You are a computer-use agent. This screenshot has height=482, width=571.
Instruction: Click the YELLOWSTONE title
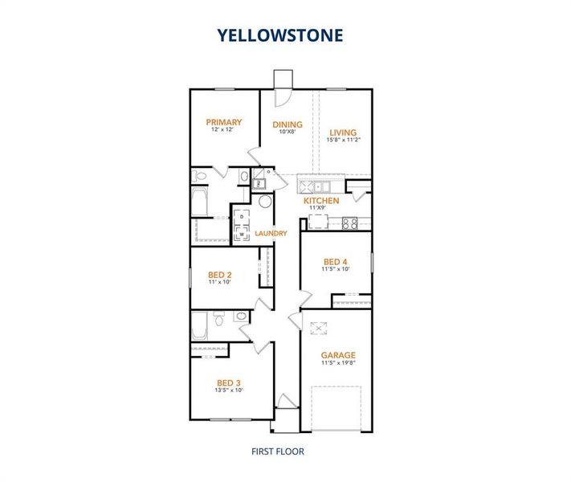pyautogui.click(x=279, y=35)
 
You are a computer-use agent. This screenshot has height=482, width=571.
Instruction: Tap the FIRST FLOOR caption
pyautogui.click(x=279, y=451)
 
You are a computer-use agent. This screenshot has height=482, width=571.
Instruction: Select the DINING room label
pyautogui.click(x=288, y=125)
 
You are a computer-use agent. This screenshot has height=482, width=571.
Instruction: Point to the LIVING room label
pyautogui.click(x=343, y=132)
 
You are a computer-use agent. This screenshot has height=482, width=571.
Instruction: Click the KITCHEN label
pyautogui.click(x=321, y=201)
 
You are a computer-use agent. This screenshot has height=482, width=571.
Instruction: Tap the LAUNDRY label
pyautogui.click(x=271, y=234)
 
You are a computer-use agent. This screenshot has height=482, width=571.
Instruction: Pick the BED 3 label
pyautogui.click(x=228, y=382)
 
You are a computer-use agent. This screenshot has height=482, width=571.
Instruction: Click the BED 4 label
pyautogui.click(x=336, y=262)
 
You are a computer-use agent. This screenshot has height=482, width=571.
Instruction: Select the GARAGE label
pyautogui.click(x=338, y=354)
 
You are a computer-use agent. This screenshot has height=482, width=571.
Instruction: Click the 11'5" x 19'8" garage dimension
pyautogui.click(x=338, y=363)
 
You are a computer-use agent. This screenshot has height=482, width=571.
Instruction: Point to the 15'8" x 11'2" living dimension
pyautogui.click(x=343, y=140)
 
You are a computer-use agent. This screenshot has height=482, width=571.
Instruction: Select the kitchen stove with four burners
pyautogui.click(x=350, y=223)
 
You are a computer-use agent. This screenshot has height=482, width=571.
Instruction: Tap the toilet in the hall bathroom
pyautogui.click(x=219, y=323)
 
